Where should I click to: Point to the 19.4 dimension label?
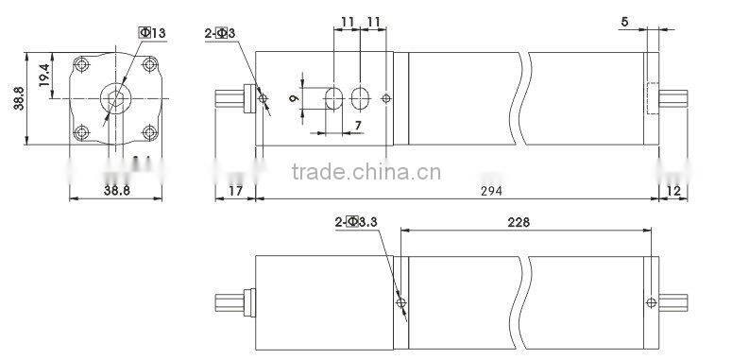[x=44, y=74]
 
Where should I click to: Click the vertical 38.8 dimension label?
[x=19, y=95]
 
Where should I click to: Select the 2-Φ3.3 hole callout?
[x=355, y=222]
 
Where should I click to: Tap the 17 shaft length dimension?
[x=236, y=191]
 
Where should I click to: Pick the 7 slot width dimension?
[x=358, y=126]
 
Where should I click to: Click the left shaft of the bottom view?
[x=231, y=304]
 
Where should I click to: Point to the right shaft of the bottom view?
[x=672, y=304]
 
